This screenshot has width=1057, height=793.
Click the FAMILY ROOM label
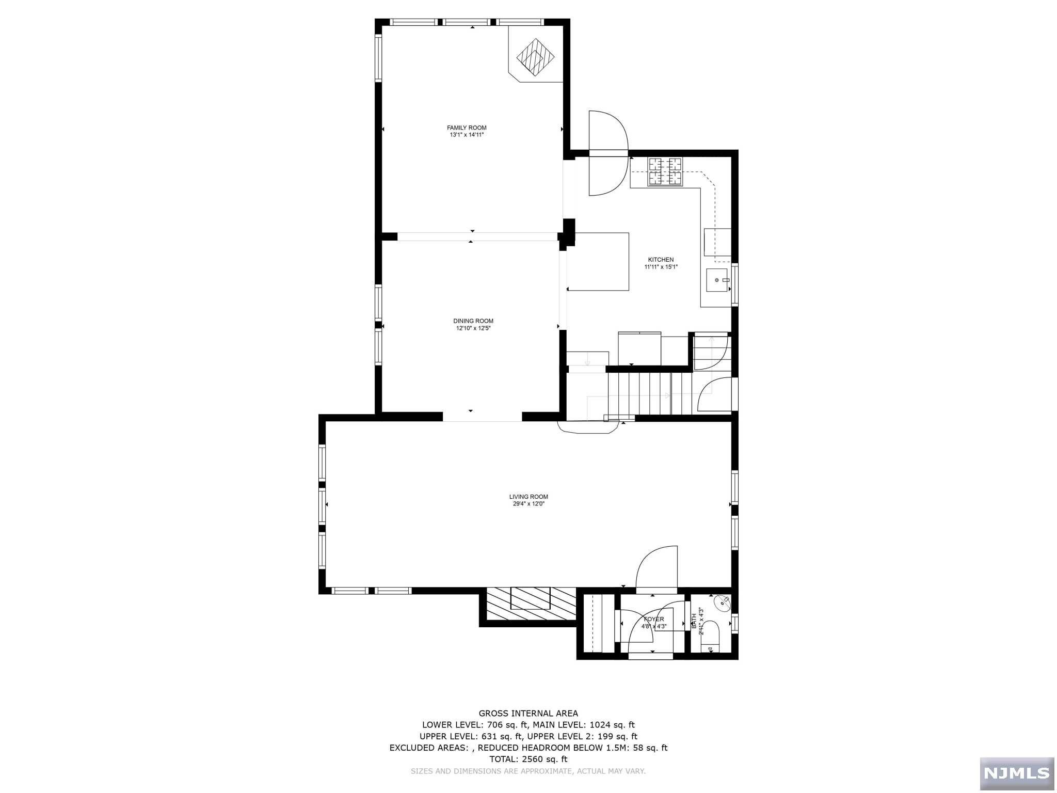[x=467, y=128]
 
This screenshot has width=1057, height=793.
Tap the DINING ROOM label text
[x=473, y=321]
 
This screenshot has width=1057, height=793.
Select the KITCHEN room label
[x=661, y=260]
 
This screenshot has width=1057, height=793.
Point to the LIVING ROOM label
[x=528, y=497]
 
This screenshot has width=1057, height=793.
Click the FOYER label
[x=654, y=619]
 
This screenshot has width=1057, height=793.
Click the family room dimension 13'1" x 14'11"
[x=467, y=135]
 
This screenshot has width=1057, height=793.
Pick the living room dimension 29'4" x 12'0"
[x=528, y=504]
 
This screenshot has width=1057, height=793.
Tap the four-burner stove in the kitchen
[x=665, y=171]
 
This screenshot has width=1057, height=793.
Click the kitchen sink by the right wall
[x=716, y=280]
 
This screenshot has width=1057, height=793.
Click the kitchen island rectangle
[x=599, y=261]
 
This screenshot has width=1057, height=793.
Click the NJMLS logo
[x=1016, y=773]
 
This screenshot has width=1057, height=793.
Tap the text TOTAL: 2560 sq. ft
[x=528, y=759]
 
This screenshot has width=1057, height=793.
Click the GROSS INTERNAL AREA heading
[x=528, y=713]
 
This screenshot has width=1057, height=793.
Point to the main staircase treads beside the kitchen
[x=649, y=393]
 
